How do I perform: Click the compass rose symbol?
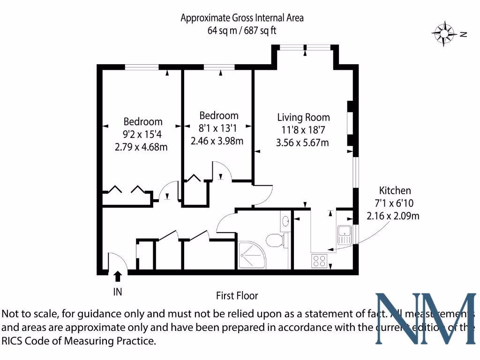tap(443, 33)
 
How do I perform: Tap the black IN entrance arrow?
tap(118, 276)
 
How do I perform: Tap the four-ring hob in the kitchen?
tap(319, 261)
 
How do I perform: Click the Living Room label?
tap(303, 117)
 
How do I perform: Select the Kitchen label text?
tap(395, 190)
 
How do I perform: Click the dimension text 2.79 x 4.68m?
tap(141, 147)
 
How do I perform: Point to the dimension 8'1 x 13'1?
tap(217, 128)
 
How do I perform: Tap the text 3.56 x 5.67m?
tap(302, 142)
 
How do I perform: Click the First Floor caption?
tap(237, 296)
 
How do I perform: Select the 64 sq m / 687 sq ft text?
tap(242, 31)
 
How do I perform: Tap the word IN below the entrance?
tap(118, 292)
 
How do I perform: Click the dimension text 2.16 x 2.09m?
tap(393, 216)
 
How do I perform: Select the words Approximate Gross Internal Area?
tap(242, 18)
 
